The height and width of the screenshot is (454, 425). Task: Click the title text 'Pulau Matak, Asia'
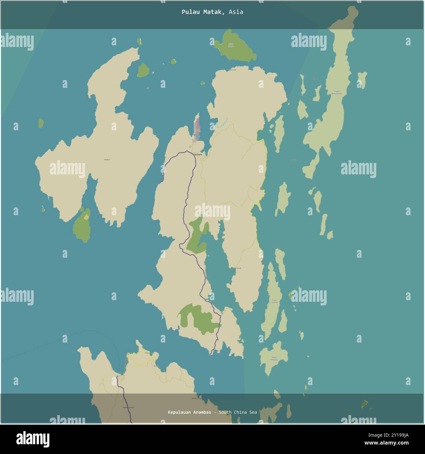(x=212, y=12)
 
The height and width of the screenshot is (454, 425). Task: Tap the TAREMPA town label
(x=197, y=154)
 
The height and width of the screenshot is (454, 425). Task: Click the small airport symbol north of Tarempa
(x=195, y=135)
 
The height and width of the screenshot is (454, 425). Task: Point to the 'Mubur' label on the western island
(x=107, y=160)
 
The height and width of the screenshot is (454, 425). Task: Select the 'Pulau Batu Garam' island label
(x=337, y=92)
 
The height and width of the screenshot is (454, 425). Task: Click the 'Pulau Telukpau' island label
(x=274, y=358)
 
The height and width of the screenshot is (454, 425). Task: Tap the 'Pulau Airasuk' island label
(x=274, y=301)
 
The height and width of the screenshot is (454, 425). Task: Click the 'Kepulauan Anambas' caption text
(x=189, y=412)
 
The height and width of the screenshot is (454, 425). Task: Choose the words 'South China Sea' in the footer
(x=238, y=412)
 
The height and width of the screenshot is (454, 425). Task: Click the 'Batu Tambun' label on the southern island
(x=129, y=407)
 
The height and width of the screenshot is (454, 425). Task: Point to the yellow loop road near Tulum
(x=141, y=359)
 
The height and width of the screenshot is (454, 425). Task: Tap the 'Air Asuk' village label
(x=238, y=268)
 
